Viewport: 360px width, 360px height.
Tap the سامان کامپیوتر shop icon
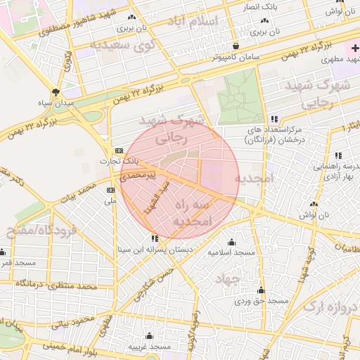pos(236,46)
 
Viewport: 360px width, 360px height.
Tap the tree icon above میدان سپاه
pos(56,92)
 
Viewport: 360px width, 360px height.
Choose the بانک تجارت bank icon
pos(117,150)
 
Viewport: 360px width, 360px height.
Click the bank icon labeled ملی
pos(110,190)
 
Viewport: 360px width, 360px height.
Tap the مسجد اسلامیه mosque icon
pos(231,241)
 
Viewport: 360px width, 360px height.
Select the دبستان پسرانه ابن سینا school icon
pos(155,239)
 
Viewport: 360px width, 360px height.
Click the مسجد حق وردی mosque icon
pos(262,290)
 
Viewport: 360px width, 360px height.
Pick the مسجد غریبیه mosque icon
pos(148,336)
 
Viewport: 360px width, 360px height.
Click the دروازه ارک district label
pos(330,307)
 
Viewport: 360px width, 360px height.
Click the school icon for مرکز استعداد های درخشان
pos(274,120)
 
